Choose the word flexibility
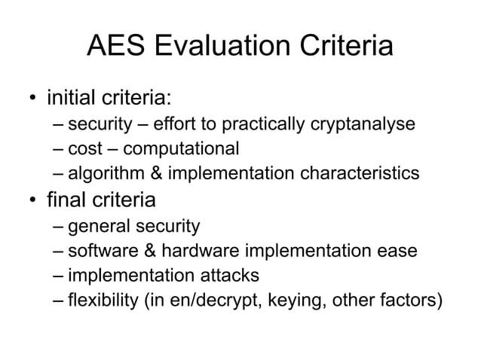coord(102,301)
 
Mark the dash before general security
coord(60,226)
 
